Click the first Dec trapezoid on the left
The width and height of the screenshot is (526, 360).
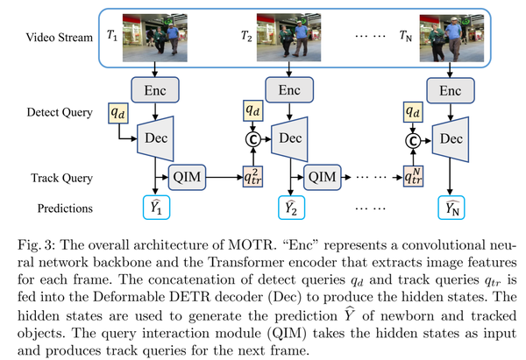(155, 138)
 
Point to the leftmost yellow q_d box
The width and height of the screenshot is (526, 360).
(116, 113)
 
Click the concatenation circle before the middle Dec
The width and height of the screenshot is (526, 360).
(250, 138)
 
